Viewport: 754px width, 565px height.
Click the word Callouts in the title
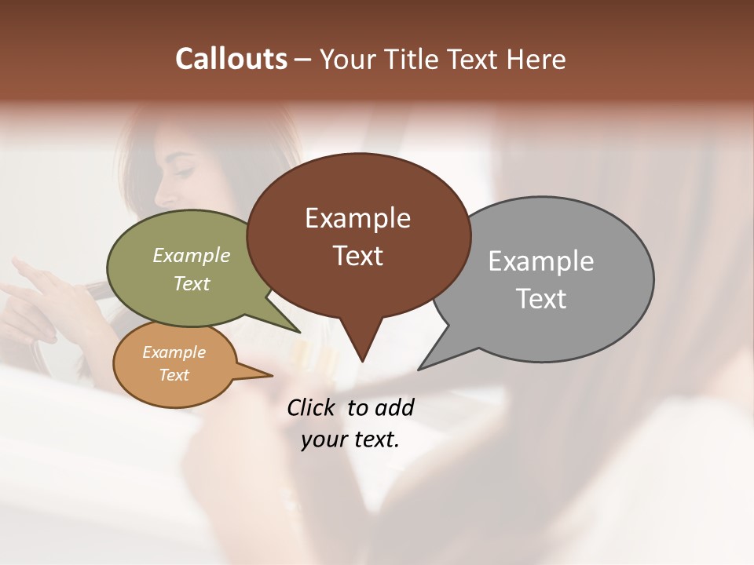pos(231,59)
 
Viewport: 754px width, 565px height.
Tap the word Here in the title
pos(536,59)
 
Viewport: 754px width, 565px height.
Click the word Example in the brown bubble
pos(357,218)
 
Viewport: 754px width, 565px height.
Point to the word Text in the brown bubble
pos(357,255)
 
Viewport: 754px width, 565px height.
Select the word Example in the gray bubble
pos(540,261)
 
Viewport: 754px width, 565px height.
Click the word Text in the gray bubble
pos(540,298)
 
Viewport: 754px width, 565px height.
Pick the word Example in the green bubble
pos(192,255)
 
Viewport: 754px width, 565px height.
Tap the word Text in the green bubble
pos(192,283)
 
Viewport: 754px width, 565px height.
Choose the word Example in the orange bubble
pos(174,352)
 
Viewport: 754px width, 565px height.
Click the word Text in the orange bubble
pos(174,374)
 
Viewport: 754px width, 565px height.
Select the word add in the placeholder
pos(395,407)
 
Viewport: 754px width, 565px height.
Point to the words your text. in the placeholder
pos(350,439)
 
